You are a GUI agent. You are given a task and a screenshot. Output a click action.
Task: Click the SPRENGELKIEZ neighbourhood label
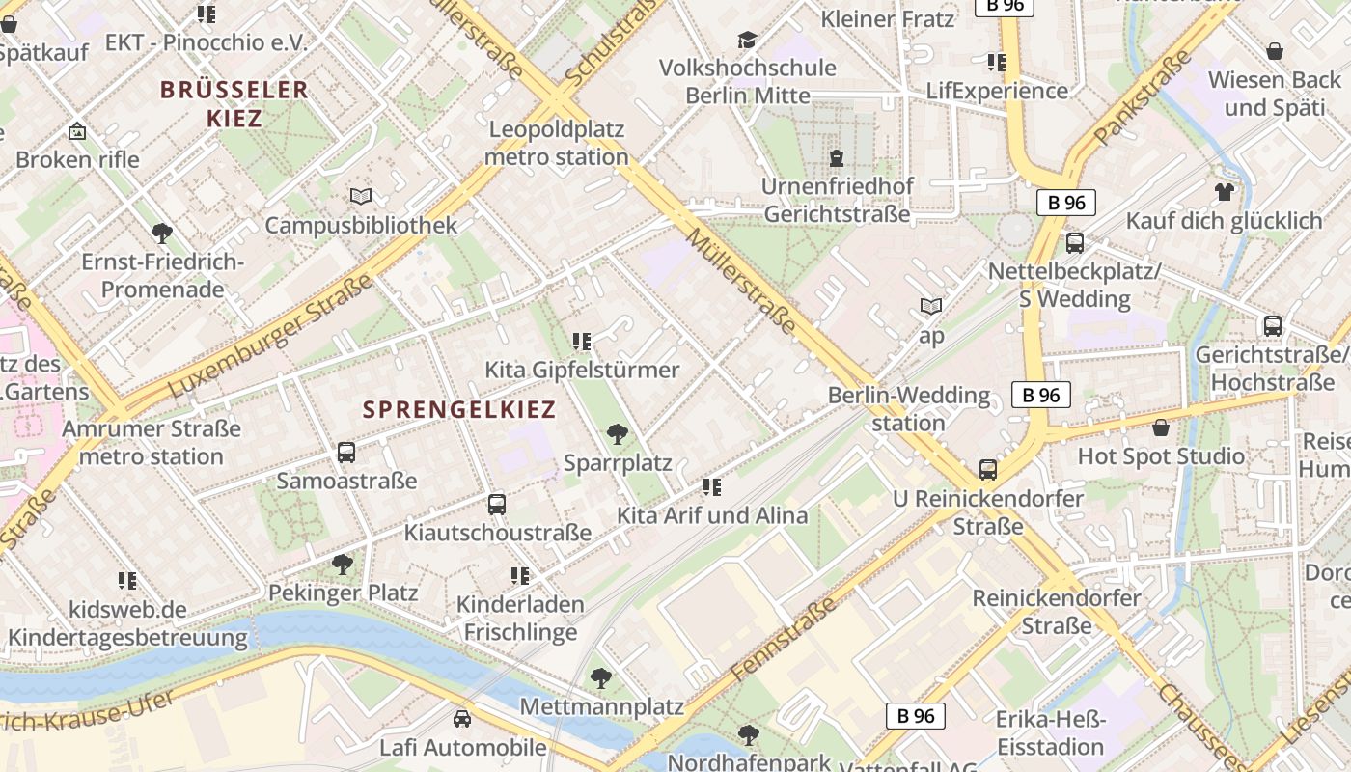459,409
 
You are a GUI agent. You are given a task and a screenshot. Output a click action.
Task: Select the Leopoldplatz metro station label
557,143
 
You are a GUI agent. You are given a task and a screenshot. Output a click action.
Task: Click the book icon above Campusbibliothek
361,197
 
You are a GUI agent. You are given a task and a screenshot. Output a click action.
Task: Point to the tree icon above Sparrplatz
618,434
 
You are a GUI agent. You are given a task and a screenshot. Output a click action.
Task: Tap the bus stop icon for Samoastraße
346,452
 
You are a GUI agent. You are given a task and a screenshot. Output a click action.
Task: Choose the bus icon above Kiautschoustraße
497,504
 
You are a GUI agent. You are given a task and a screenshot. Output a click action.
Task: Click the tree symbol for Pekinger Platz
343,564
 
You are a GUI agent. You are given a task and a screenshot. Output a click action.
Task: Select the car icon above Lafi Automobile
462,719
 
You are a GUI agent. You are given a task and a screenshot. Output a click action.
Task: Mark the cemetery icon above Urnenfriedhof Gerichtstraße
836,156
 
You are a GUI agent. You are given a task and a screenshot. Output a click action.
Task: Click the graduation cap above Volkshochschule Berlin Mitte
747,40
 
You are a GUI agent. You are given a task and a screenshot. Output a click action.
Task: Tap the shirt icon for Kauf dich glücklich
1225,192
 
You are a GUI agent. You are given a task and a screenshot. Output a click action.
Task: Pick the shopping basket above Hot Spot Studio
1161,427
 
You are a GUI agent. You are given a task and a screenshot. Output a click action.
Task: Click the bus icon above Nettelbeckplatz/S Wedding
1074,243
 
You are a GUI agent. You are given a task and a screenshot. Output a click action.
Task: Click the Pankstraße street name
1143,96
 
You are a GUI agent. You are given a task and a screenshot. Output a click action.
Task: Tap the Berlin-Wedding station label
909,408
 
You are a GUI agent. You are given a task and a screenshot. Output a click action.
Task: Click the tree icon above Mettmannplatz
601,678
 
